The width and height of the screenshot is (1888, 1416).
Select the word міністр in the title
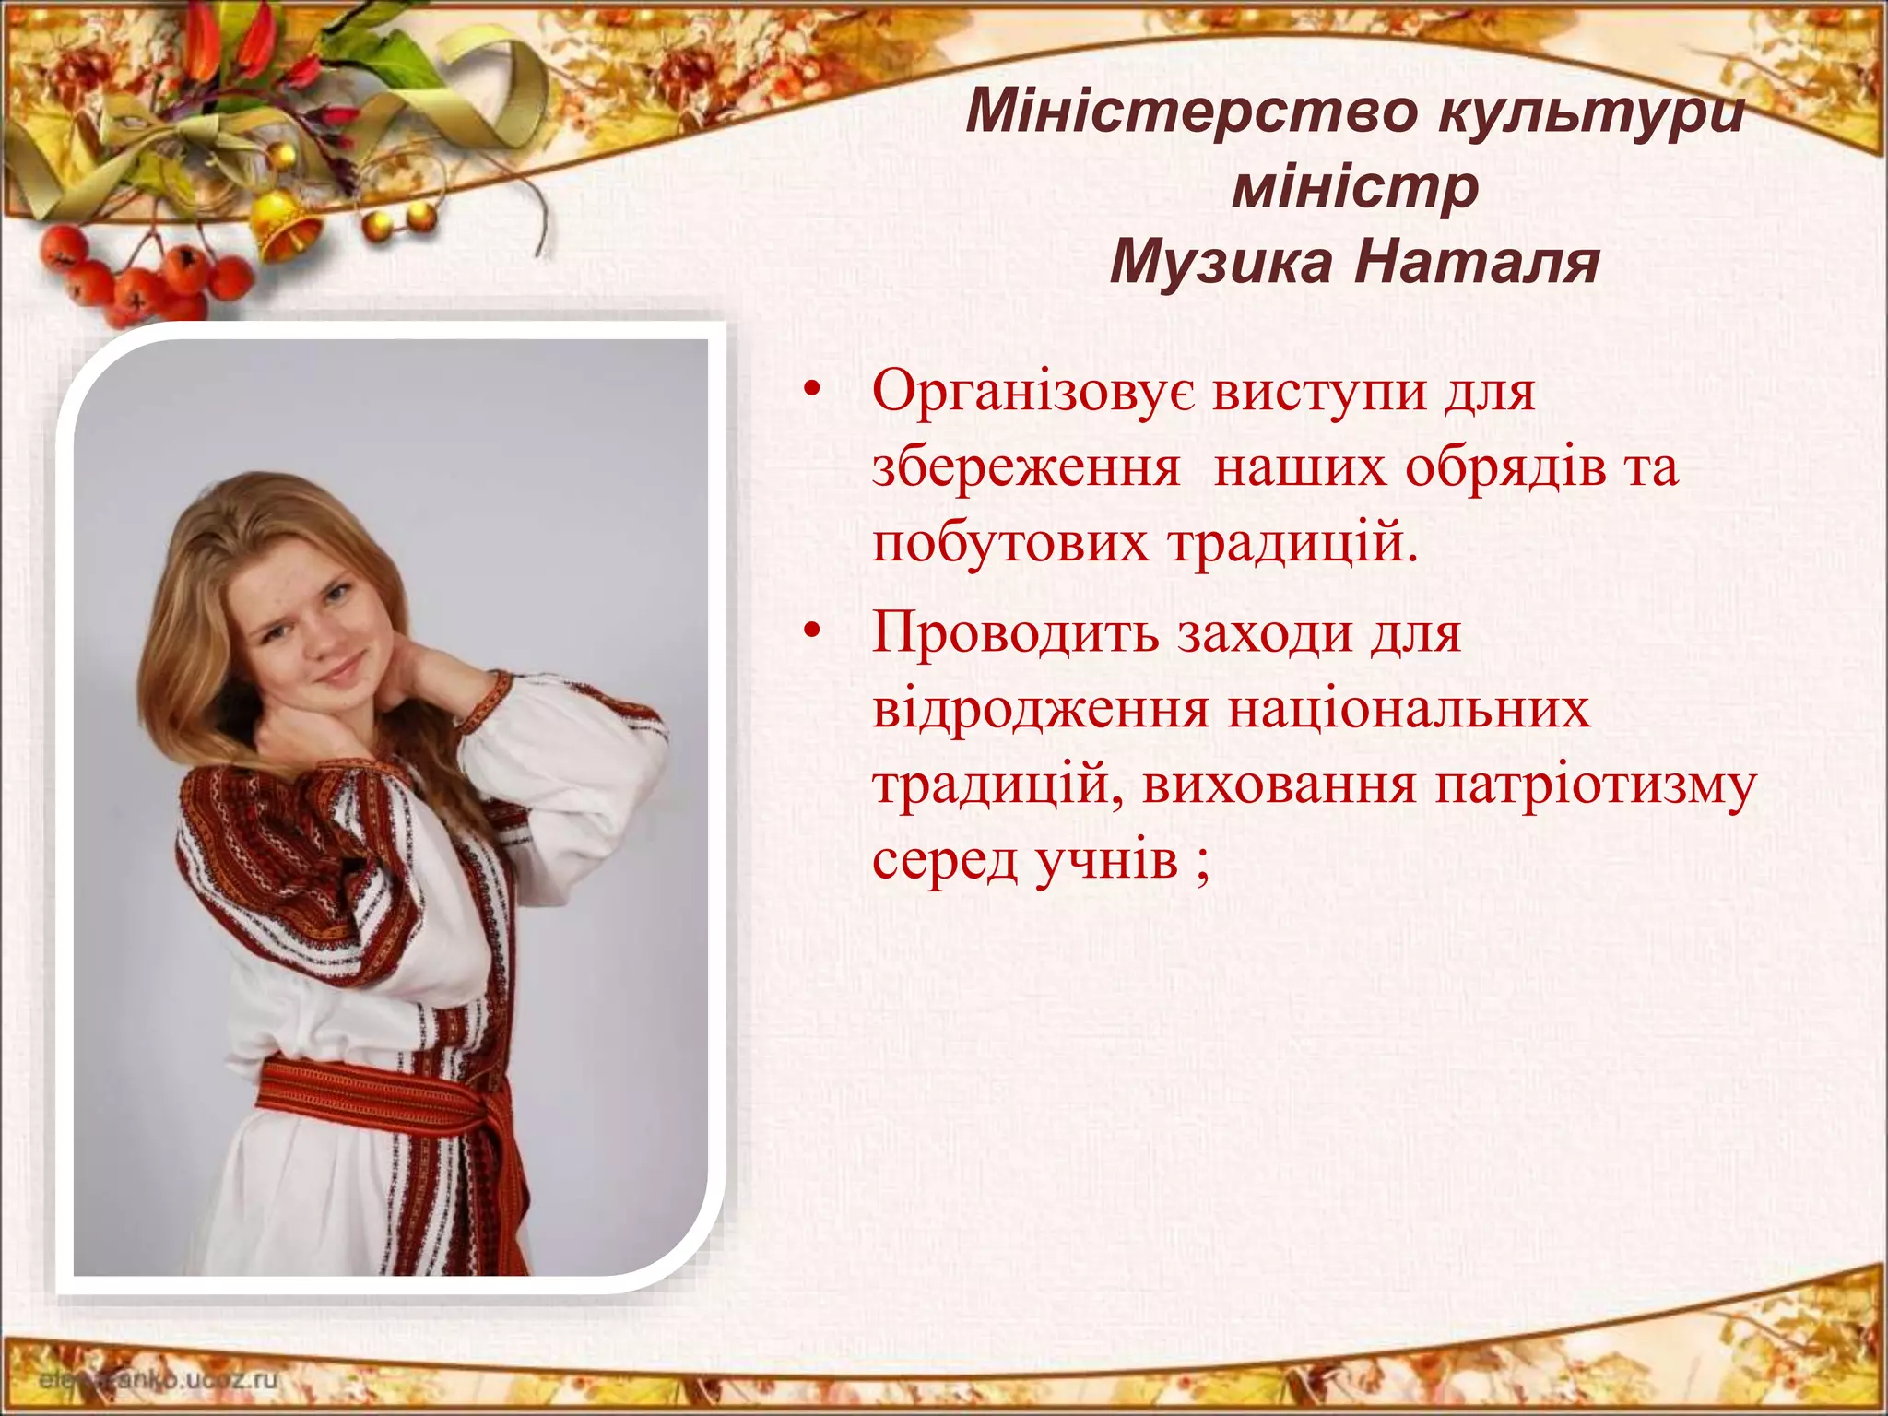1355,188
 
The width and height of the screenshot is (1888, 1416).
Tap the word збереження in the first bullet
1026,468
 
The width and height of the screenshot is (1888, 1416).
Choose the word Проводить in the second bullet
1015,634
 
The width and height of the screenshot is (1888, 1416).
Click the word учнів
1106,861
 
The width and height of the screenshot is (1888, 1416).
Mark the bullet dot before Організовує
811,392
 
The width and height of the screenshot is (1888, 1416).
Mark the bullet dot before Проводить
811,633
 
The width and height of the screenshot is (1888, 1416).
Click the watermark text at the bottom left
157,1380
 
